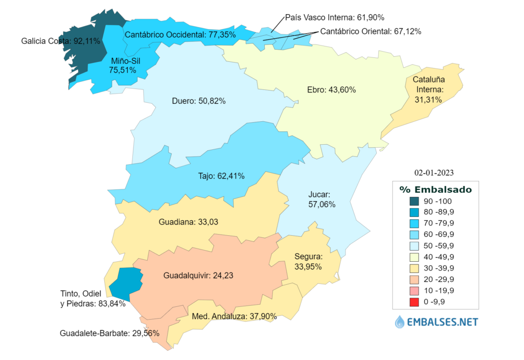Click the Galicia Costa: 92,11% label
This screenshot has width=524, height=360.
[61, 41]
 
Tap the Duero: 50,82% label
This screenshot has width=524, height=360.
[199, 101]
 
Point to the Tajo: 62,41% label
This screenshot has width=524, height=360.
[221, 176]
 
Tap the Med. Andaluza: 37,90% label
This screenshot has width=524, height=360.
[234, 316]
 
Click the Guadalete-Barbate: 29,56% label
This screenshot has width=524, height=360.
[109, 333]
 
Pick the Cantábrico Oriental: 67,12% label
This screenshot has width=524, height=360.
[371, 32]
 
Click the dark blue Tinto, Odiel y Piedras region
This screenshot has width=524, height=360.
[125, 282]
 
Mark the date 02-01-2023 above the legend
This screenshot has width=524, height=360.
[434, 172]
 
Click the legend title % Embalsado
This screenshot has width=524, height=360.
[436, 189]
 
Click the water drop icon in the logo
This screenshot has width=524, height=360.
[400, 322]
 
